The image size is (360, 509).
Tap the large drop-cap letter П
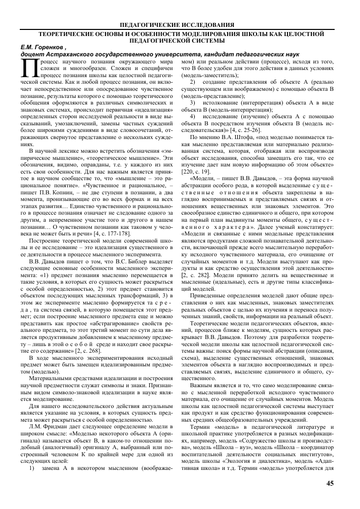point(27,67)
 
